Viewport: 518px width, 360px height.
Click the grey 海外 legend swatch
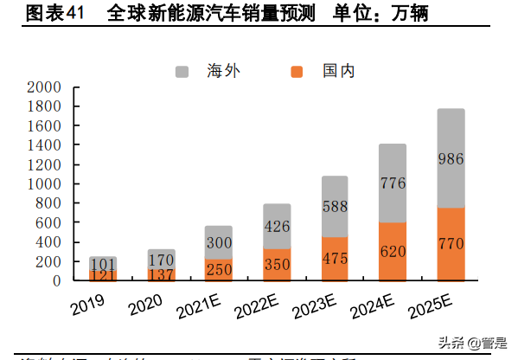[182, 70]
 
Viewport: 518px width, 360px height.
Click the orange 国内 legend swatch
[297, 70]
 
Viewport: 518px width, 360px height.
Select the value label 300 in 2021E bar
[218, 243]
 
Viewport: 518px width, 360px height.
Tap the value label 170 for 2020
[160, 259]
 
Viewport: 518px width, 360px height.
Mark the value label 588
[334, 207]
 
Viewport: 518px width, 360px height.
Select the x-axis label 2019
[87, 305]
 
